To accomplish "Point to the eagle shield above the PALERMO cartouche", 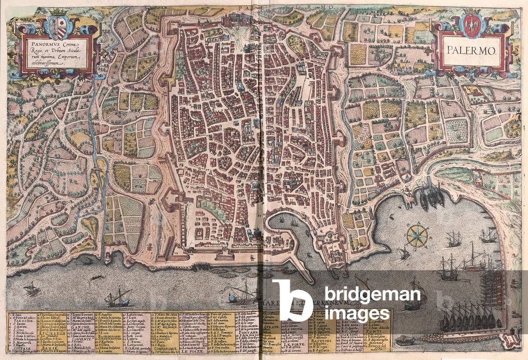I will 470,25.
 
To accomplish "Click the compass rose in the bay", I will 417,235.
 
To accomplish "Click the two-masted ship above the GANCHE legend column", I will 118,298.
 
